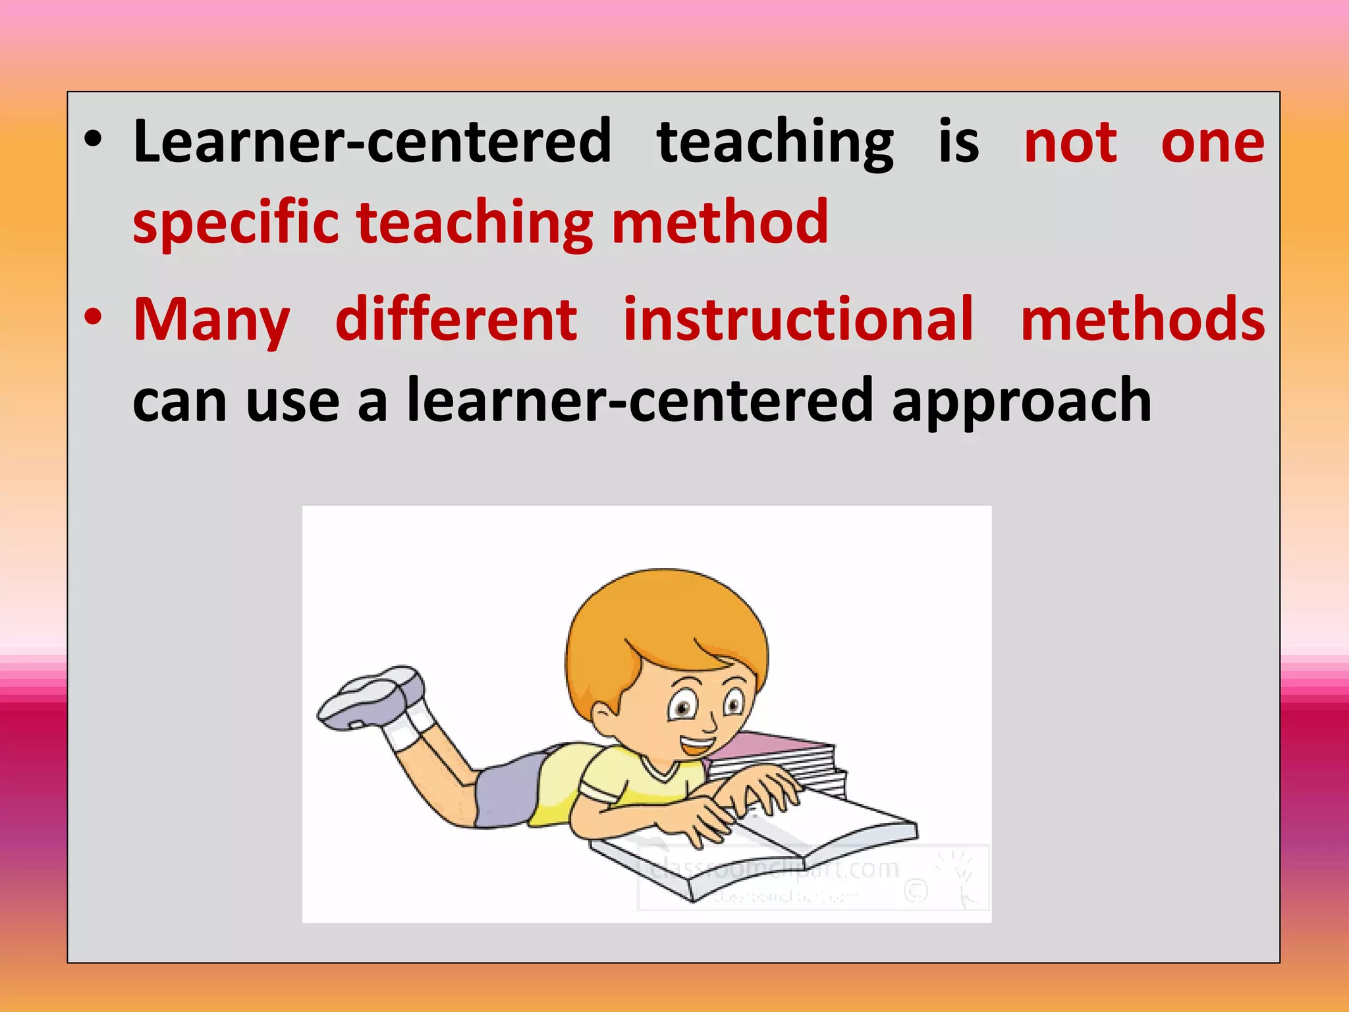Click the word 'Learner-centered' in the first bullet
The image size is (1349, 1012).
[x=372, y=142]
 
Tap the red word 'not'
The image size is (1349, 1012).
[x=1070, y=143]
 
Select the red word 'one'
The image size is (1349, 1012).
[x=1212, y=143]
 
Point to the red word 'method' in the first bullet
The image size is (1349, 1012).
[x=719, y=222]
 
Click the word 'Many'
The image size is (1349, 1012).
[x=211, y=321]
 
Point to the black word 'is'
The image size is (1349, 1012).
[x=958, y=142]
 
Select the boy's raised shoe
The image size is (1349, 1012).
[x=372, y=698]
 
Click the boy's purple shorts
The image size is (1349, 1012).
[x=507, y=791]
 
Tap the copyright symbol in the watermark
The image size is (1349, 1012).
[x=916, y=891]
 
